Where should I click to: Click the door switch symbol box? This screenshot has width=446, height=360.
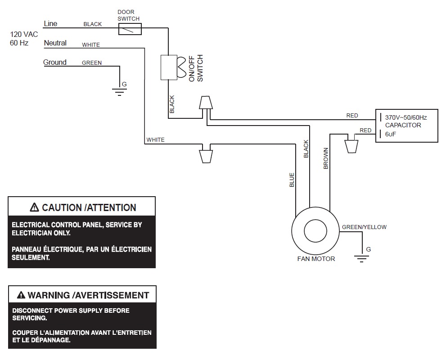tap(130, 30)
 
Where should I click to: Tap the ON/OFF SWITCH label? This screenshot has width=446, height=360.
tap(196, 68)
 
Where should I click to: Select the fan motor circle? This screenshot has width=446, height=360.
tap(315, 231)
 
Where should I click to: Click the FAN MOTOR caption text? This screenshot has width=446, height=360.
tap(316, 259)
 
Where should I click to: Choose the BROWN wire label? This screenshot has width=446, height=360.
tap(326, 158)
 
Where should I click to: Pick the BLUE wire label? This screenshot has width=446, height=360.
tap(292, 180)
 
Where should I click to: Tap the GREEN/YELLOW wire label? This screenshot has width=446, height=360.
tap(364, 227)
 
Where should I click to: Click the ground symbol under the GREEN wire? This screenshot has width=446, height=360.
tap(119, 92)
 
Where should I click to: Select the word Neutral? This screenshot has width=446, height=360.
tap(55, 43)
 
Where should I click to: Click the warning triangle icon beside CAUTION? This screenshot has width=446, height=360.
tap(34, 207)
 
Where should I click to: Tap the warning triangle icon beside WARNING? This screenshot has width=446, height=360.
tap(21, 296)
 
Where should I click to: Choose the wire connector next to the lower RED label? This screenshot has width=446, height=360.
tap(351, 145)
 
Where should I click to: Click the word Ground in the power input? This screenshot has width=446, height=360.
tap(55, 63)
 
